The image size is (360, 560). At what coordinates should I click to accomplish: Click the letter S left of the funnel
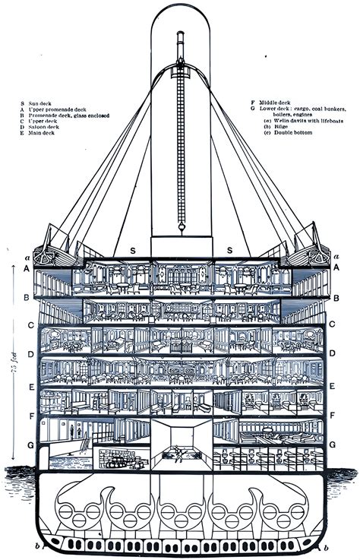(132, 250)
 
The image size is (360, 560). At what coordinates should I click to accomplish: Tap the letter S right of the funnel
(228, 250)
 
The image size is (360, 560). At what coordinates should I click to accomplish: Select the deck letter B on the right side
(335, 299)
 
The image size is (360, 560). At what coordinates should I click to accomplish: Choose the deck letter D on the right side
(335, 354)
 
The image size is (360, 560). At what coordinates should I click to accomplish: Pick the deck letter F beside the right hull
(335, 416)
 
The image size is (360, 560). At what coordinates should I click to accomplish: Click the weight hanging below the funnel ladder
(182, 226)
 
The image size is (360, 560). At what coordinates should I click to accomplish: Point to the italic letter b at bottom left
(36, 547)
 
